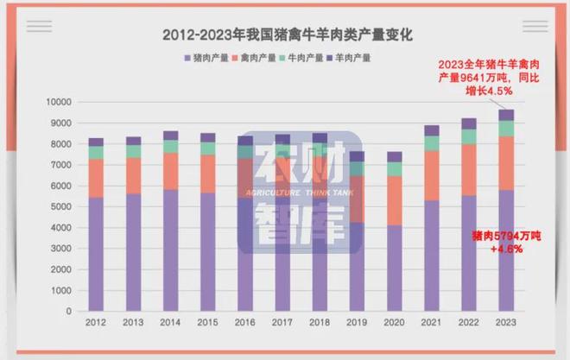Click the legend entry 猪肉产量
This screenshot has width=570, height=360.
coord(207,59)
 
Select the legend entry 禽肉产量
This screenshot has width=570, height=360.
coord(255,59)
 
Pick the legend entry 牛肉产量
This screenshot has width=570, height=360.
coord(302,59)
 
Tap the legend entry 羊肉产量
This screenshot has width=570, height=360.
coord(350,59)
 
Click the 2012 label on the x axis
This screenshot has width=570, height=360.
coord(96,323)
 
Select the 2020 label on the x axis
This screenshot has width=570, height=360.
coord(393,323)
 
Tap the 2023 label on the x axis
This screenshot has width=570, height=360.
coord(505,323)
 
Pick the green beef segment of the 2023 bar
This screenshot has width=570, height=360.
coord(505,129)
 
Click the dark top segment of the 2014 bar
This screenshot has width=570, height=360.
coord(170,136)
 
